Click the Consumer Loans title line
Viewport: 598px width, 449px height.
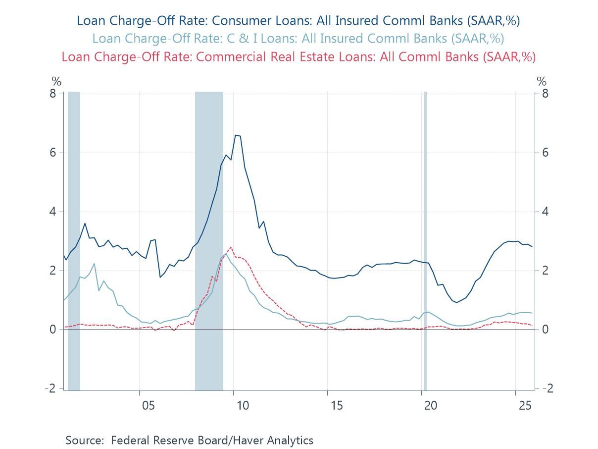298,20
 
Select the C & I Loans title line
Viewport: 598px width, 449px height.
298,38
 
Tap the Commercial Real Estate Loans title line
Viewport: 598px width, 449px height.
298,56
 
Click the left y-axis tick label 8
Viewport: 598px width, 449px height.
53,93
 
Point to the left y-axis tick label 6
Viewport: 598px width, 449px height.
53,153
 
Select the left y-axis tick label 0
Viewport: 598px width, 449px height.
53,330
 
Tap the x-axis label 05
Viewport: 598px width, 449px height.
149,405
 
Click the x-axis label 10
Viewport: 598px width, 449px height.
243,405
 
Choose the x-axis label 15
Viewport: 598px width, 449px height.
337,405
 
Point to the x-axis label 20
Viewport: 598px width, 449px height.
431,405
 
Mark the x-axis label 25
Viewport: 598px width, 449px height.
525,405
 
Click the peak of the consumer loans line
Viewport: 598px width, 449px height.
236,135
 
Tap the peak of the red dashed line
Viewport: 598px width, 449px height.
231,247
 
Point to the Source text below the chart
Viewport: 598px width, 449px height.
189,440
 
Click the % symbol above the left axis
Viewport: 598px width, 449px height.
56,82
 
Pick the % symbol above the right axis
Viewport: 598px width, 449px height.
542,82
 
